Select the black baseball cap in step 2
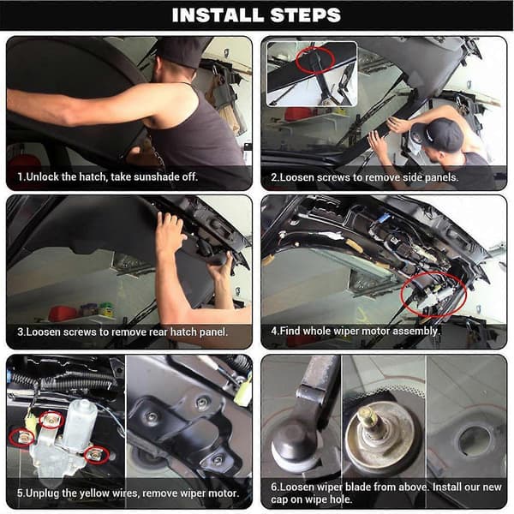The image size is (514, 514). point(439,134)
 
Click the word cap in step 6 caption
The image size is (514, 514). point(279,499)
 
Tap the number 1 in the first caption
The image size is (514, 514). point(21,177)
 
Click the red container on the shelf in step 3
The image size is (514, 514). point(63,314)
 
